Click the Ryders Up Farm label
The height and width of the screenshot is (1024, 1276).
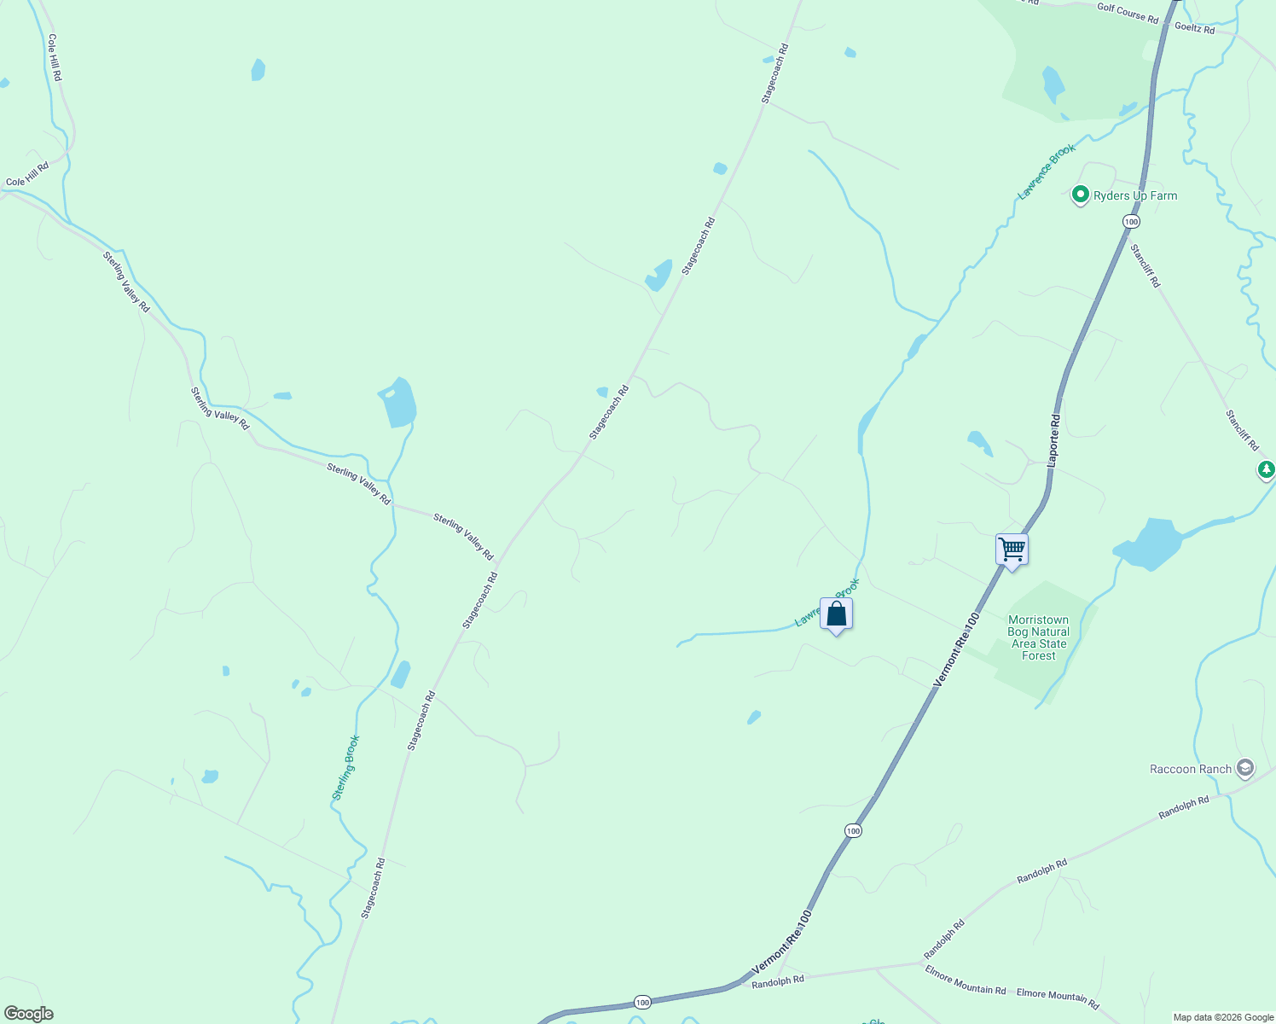(x=1135, y=195)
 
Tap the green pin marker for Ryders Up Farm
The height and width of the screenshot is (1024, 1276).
(x=1080, y=195)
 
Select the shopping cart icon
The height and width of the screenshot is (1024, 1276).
(x=1012, y=549)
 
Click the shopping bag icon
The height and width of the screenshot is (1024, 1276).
(x=837, y=614)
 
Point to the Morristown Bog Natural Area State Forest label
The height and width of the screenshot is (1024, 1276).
(x=1038, y=638)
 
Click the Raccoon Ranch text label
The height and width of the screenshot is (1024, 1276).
(x=1191, y=769)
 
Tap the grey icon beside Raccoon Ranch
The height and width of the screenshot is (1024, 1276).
(x=1245, y=768)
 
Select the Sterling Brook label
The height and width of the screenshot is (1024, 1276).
(x=346, y=768)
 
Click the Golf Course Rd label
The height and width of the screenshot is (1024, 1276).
(x=1128, y=13)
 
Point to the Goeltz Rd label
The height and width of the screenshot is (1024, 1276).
(x=1194, y=28)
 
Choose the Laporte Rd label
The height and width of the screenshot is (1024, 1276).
(x=1054, y=440)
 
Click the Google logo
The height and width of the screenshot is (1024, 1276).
(x=29, y=1014)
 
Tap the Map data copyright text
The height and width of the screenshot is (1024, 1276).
(x=1221, y=1017)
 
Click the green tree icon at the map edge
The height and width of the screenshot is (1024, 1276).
(x=1267, y=469)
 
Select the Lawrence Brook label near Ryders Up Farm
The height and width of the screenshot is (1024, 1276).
(x=1047, y=172)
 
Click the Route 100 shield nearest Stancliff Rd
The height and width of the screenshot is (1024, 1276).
(x=1131, y=222)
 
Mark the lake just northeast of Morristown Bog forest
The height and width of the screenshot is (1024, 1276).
(x=1148, y=544)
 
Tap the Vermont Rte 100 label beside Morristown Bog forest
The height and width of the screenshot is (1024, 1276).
(x=956, y=649)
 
